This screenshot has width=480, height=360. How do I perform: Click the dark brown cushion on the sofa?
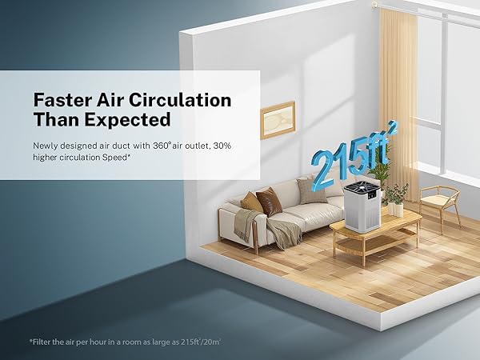pyautogui.click(x=269, y=202)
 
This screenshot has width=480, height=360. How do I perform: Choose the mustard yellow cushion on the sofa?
pyautogui.click(x=252, y=202)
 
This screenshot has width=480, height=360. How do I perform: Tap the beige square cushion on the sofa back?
pyautogui.click(x=309, y=190)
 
